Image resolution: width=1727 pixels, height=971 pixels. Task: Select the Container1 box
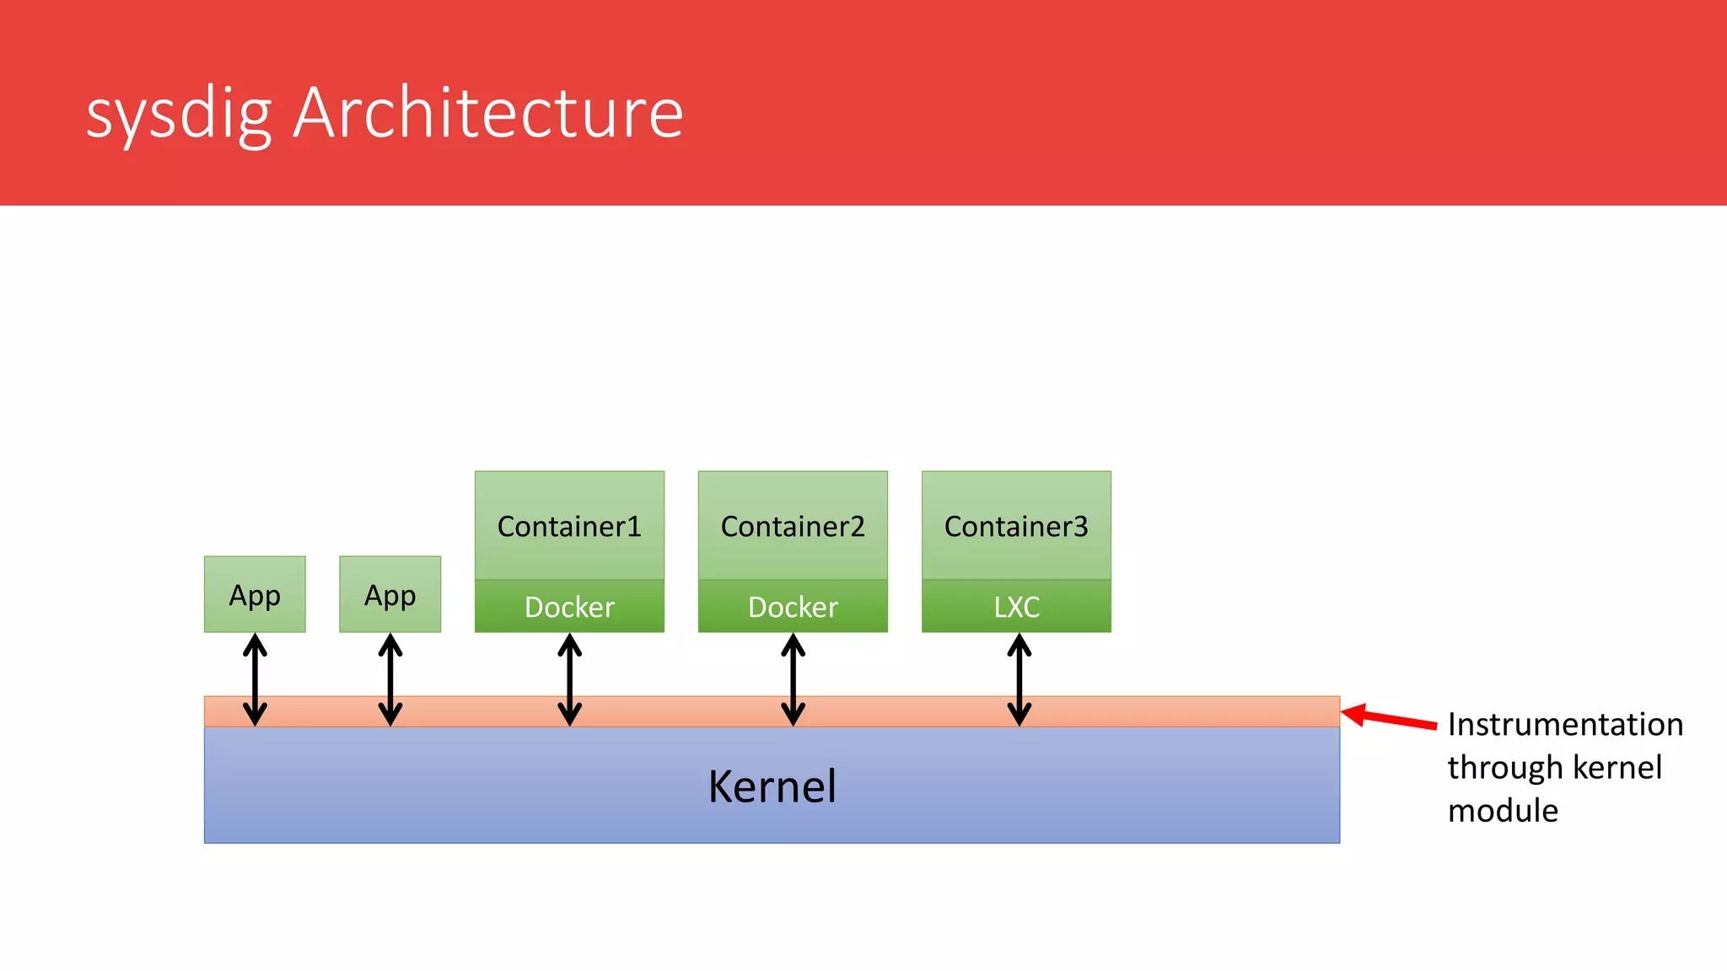569,525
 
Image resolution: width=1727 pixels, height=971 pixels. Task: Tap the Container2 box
793,525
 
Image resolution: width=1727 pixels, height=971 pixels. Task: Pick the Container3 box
1016,525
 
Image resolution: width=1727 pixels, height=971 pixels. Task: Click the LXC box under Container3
1016,606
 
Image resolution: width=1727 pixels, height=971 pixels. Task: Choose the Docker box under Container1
569,606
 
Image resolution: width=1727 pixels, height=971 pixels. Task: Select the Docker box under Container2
793,606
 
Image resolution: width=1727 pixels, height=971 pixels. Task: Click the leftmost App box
255,594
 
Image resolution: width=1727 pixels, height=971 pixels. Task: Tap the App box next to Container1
390,594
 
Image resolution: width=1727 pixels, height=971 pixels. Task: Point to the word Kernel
772,786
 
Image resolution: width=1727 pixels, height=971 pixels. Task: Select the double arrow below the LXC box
1020,679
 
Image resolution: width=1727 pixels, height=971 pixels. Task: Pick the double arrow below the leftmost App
255,679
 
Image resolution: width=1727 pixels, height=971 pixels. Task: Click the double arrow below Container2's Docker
793,679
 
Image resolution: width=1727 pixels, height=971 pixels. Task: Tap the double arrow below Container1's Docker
569,679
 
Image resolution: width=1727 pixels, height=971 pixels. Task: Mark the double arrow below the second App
390,679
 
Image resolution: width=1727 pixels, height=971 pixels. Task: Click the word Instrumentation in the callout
1565,725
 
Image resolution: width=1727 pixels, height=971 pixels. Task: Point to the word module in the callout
1503,811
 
